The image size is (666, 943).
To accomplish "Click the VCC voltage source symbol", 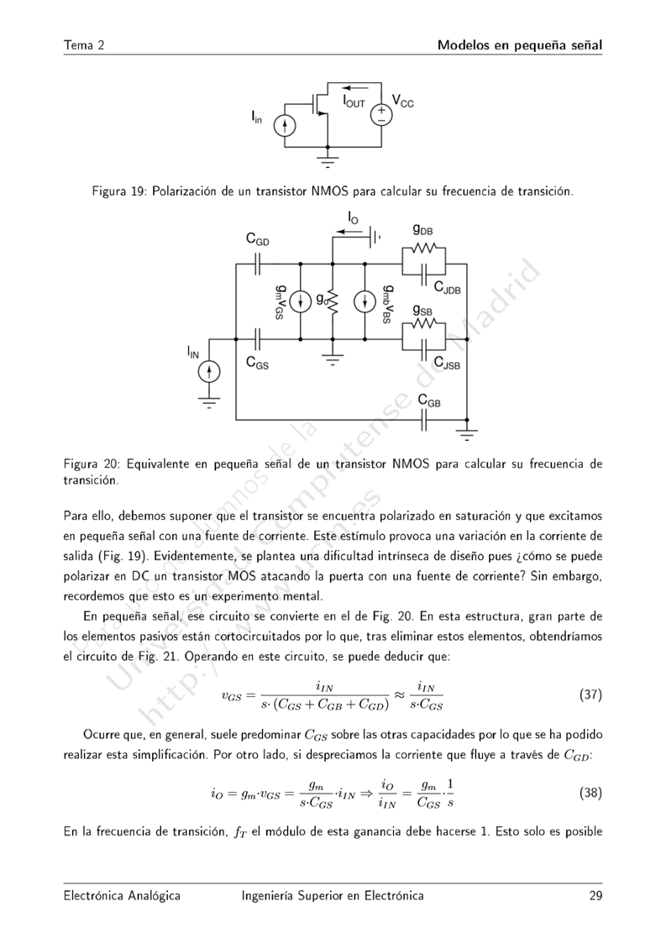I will pyautogui.click(x=380, y=113).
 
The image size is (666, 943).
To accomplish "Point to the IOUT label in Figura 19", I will pyautogui.click(x=354, y=102).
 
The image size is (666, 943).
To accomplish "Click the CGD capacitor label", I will pyautogui.click(x=258, y=240).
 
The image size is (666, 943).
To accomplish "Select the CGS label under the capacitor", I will pyautogui.click(x=257, y=363).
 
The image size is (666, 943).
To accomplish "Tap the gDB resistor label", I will pyautogui.click(x=423, y=229).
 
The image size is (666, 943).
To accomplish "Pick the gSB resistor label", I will pyautogui.click(x=423, y=309).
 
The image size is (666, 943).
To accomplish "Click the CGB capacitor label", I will pyautogui.click(x=429, y=401).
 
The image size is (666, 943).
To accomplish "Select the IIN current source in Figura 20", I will pyautogui.click(x=210, y=370).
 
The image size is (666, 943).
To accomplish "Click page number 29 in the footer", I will pyautogui.click(x=595, y=897).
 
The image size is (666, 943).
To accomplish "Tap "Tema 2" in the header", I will pyautogui.click(x=83, y=45).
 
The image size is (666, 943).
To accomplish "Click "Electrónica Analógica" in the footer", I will pyautogui.click(x=122, y=897).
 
